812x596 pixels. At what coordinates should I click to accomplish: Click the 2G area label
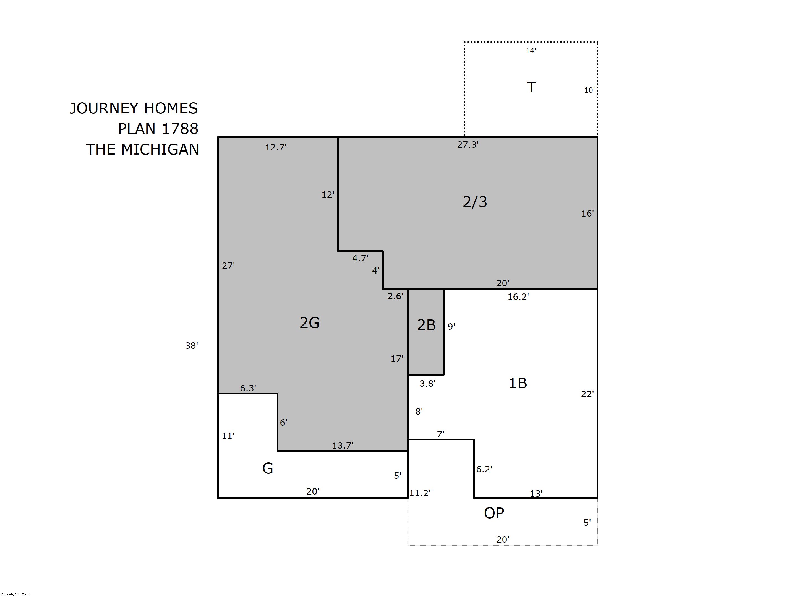pyautogui.click(x=309, y=322)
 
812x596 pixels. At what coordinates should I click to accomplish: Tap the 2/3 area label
pyautogui.click(x=475, y=202)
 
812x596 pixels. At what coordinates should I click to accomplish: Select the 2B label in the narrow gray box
pyautogui.click(x=426, y=325)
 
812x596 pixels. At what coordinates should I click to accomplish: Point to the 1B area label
pyautogui.click(x=518, y=383)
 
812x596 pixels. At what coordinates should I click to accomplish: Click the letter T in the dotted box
pyautogui.click(x=531, y=87)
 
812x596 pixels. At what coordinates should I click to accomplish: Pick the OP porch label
pyautogui.click(x=494, y=513)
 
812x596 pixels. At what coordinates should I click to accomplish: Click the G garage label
pyautogui.click(x=268, y=468)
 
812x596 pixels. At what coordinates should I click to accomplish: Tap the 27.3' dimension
pyautogui.click(x=468, y=145)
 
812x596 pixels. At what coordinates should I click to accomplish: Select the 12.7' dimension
pyautogui.click(x=276, y=147)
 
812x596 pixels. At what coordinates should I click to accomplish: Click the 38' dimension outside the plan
pyautogui.click(x=192, y=346)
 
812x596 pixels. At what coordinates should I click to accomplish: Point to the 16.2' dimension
pyautogui.click(x=518, y=296)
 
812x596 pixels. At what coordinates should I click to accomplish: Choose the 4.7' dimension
pyautogui.click(x=360, y=258)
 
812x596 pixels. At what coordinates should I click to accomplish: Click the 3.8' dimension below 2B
pyautogui.click(x=427, y=384)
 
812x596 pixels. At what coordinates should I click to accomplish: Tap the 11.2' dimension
pyautogui.click(x=420, y=493)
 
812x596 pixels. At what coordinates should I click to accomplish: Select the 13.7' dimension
pyautogui.click(x=343, y=445)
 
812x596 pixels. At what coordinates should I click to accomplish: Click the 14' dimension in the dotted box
pyautogui.click(x=531, y=51)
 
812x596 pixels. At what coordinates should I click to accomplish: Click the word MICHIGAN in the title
pyautogui.click(x=160, y=149)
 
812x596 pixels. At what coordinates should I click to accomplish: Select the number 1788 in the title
pyautogui.click(x=180, y=129)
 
